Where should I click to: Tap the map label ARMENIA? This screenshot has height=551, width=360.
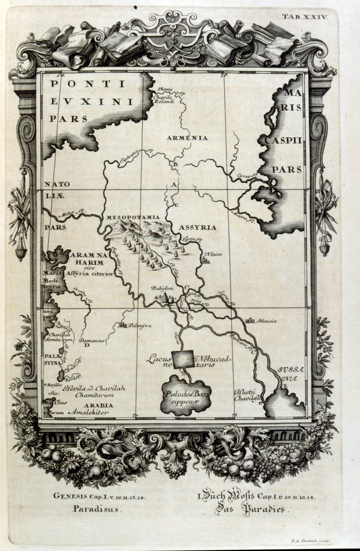click(187, 138)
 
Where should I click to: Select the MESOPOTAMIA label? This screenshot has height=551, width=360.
click(128, 217)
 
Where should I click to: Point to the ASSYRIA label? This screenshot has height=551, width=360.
click(198, 227)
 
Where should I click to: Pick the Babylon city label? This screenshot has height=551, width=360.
click(162, 289)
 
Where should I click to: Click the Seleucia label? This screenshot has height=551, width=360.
click(267, 321)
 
